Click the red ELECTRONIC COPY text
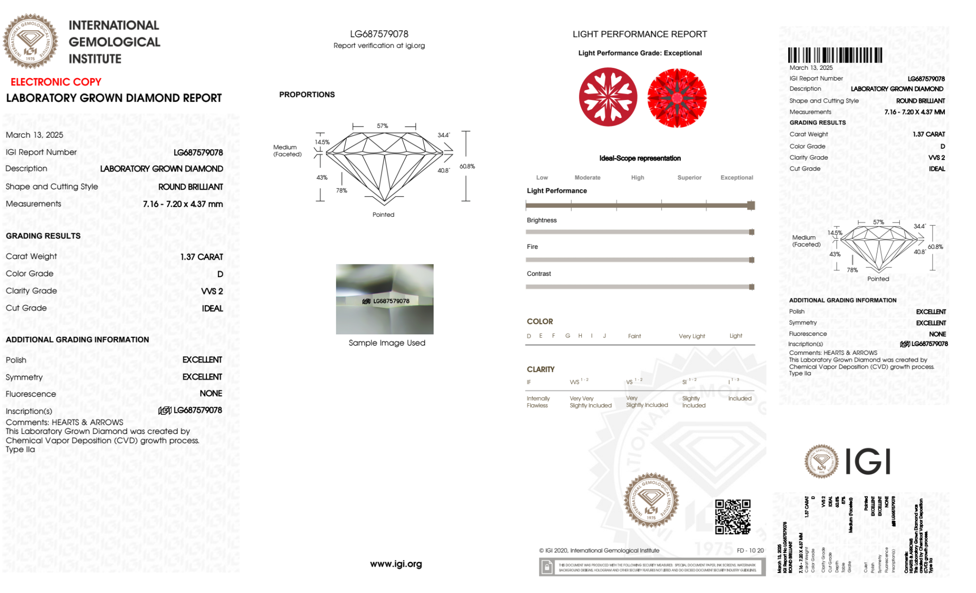[56, 82]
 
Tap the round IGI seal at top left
[30, 41]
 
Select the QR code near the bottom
[733, 517]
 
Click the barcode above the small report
[835, 55]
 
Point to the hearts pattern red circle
[608, 97]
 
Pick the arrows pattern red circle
[677, 98]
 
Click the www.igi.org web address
[396, 564]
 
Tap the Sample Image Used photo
[384, 299]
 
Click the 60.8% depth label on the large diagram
[467, 166]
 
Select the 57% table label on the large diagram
[382, 126]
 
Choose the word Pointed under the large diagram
[383, 215]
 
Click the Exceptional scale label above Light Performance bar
[737, 178]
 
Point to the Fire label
[532, 247]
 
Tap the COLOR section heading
[539, 322]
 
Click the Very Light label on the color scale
[692, 336]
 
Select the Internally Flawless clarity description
[538, 402]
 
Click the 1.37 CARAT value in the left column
[201, 257]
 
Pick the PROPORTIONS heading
[307, 95]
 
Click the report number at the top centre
[379, 34]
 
